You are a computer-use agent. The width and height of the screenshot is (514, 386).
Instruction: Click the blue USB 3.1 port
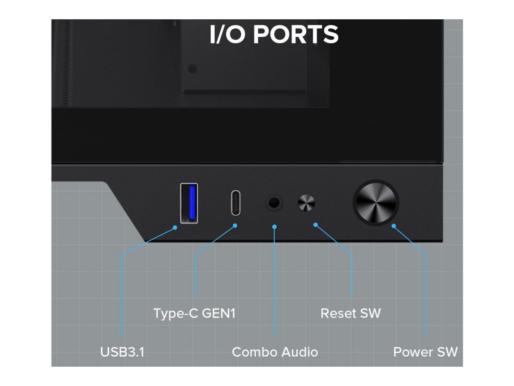[189, 203]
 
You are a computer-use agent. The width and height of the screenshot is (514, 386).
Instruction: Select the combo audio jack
[274, 203]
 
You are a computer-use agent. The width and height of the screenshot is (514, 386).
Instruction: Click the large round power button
[376, 203]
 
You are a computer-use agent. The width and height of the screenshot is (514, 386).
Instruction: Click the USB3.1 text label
[122, 352]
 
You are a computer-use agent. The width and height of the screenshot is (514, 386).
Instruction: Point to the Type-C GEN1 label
[194, 313]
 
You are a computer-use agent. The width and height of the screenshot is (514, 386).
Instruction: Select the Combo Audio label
[274, 352]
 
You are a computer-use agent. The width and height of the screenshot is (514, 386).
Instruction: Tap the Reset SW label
[351, 313]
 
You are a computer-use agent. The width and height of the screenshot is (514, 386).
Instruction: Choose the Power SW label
[425, 352]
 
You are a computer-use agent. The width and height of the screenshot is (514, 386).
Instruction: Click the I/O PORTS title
[274, 35]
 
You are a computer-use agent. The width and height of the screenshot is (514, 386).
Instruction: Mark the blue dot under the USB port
[175, 227]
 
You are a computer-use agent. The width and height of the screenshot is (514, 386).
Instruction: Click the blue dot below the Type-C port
[235, 226]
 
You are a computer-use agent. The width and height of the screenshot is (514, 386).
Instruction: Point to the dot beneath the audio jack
[274, 226]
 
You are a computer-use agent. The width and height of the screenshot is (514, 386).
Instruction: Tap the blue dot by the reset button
[316, 225]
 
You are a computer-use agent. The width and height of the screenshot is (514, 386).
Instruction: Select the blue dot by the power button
[394, 226]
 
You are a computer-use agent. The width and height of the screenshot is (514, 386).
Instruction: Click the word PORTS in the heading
[296, 35]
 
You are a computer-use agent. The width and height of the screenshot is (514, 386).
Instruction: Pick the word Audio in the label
[297, 352]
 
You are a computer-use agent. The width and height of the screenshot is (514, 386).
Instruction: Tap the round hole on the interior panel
[192, 69]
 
